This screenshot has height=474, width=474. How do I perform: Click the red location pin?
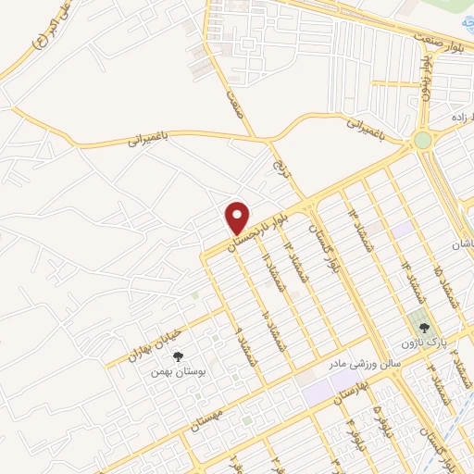coord(238,218)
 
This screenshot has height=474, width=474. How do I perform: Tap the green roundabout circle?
coord(423,141)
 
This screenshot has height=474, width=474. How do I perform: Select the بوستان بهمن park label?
coord(179,372)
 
